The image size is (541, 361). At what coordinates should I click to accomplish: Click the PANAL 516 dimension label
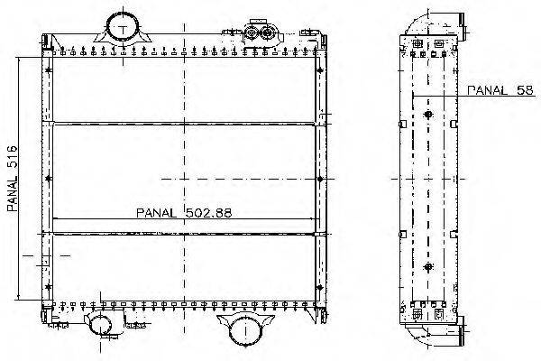12,179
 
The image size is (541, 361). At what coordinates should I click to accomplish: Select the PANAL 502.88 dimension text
184,212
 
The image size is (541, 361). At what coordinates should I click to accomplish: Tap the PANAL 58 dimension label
500,90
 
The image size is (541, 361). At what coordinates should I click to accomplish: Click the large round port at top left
123,28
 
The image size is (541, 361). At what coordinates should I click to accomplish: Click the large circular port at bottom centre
245,330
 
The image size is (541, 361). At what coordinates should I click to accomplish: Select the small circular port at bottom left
100,324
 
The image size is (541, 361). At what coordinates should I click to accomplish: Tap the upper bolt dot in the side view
428,115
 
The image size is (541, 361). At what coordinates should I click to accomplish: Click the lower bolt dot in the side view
428,267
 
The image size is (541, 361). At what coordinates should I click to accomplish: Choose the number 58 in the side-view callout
525,90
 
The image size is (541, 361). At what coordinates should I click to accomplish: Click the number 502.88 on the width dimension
209,212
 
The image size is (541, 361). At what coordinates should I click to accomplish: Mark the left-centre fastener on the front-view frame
48,179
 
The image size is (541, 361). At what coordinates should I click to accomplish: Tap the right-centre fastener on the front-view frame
320,179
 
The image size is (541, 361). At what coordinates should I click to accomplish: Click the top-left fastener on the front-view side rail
48,70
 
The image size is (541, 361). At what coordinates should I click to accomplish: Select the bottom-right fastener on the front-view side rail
320,287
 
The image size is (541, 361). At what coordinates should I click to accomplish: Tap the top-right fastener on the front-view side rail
320,70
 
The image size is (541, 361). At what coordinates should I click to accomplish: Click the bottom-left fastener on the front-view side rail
48,287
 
